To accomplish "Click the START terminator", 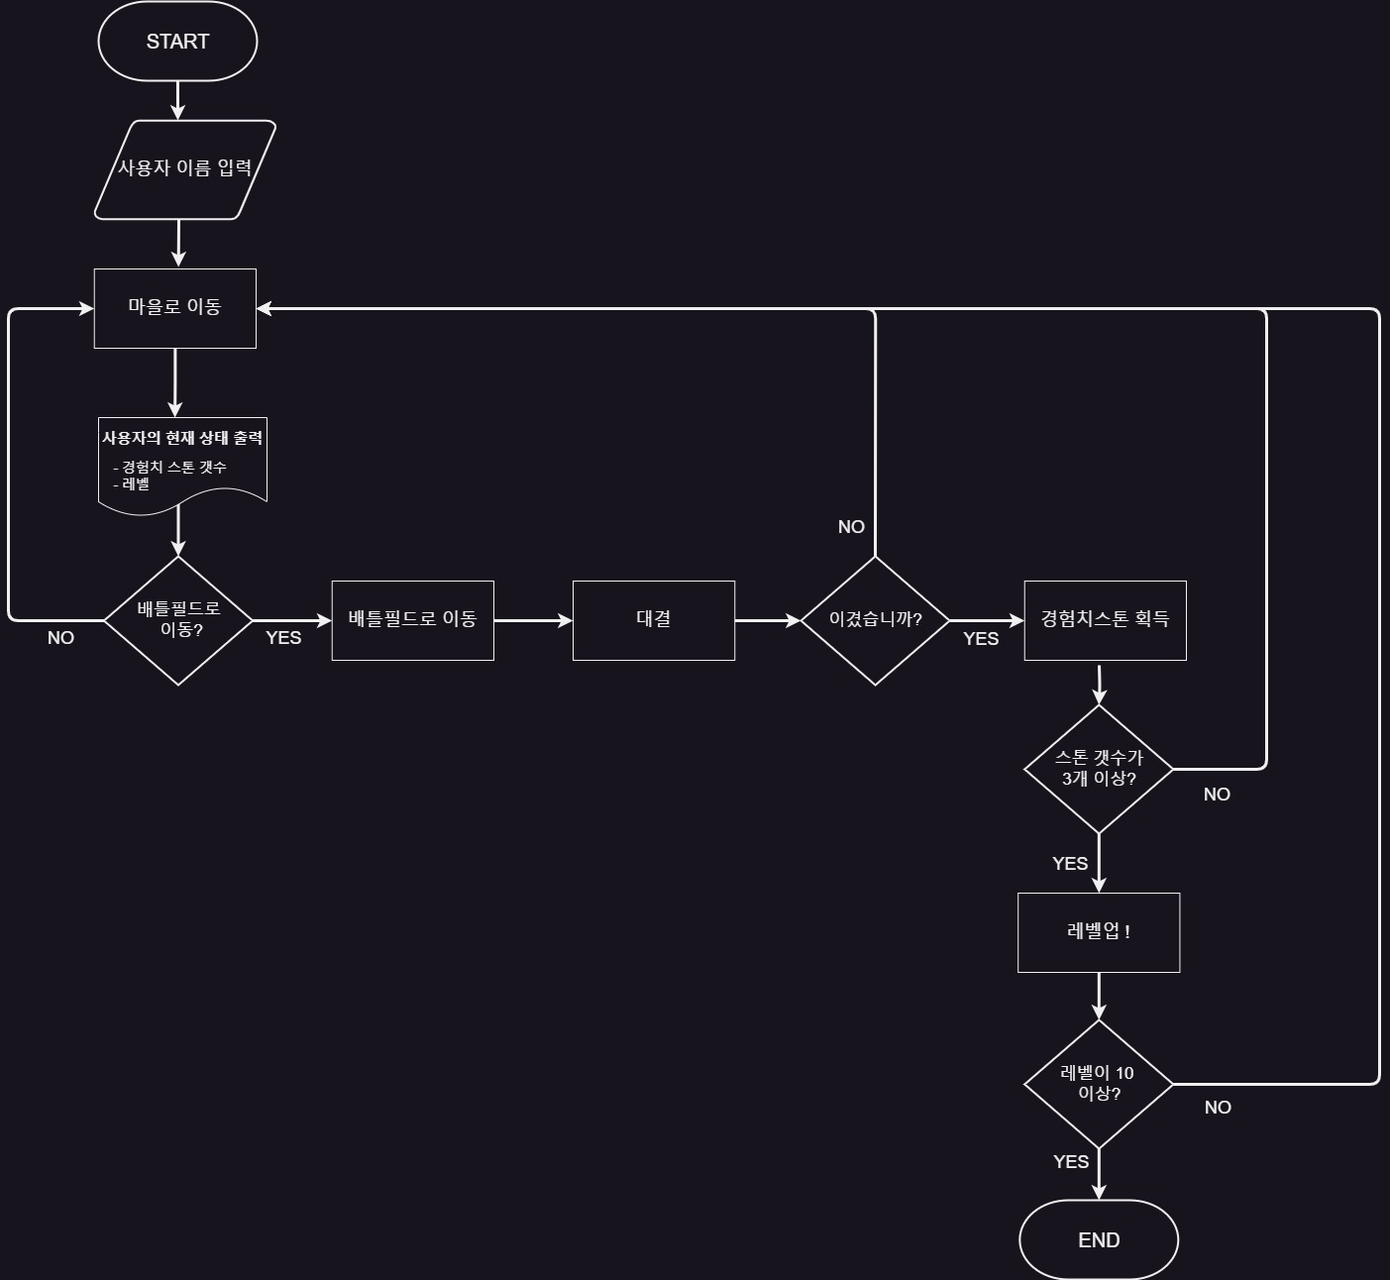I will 177,42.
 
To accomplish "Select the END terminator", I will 1099,1239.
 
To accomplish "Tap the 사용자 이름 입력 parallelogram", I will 184,169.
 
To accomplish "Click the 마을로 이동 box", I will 174,308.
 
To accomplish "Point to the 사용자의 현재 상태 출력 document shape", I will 182,461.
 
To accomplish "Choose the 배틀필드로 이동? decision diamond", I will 178,620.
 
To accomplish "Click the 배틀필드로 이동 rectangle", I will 412,620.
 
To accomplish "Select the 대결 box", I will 653,620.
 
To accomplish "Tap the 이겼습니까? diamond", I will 875,620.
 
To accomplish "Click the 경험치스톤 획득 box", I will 1105,620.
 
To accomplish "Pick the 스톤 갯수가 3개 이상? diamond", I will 1099,769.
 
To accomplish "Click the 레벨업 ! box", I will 1099,932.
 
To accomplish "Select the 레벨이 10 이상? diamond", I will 1099,1084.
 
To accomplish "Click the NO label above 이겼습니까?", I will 851,527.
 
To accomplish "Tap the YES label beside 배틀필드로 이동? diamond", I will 283,638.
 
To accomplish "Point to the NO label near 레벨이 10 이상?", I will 1218,1108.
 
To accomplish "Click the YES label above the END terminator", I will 1071,1162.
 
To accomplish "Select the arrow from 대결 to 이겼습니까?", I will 767,620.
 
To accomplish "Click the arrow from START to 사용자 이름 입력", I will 178,100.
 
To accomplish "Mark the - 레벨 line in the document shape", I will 132,484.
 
